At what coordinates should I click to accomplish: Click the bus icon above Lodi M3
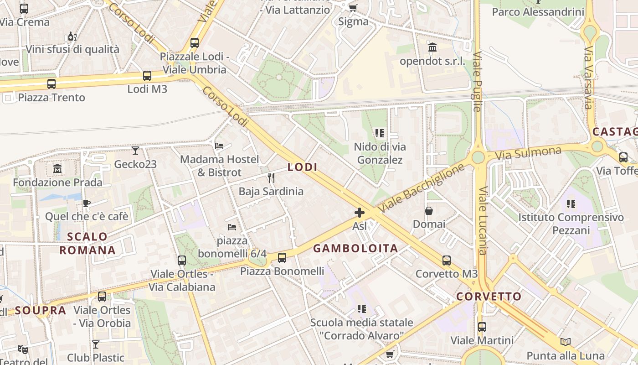click(147, 76)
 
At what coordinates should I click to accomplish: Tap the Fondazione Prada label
click(57, 182)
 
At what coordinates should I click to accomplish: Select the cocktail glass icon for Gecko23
click(135, 151)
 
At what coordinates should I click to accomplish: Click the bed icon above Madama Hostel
click(219, 146)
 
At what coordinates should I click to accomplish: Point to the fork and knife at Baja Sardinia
click(271, 177)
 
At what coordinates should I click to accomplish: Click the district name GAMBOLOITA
click(355, 249)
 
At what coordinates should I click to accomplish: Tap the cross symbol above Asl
click(360, 213)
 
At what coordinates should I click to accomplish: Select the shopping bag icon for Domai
click(429, 211)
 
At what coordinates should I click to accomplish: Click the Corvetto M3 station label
click(446, 274)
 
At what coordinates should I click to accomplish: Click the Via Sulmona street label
click(528, 153)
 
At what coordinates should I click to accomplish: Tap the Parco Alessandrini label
click(538, 12)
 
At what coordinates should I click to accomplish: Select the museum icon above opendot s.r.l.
click(432, 47)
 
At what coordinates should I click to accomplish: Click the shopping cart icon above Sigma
click(353, 8)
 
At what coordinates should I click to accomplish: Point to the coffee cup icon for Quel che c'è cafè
click(86, 203)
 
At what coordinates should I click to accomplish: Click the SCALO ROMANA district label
click(87, 243)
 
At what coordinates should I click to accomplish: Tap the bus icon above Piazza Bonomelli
click(282, 258)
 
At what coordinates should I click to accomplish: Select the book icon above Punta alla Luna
click(566, 342)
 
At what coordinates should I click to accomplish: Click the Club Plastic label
click(96, 357)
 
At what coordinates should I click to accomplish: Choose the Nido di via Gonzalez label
click(380, 153)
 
